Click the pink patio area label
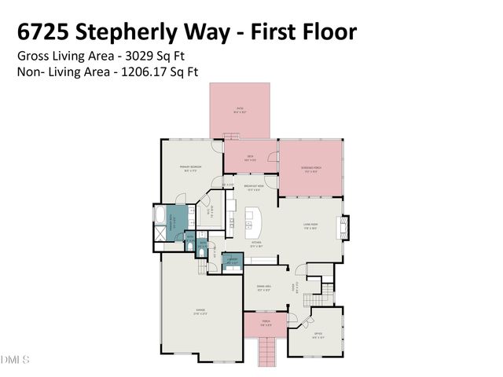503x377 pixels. click(240, 110)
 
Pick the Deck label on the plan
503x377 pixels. click(250, 156)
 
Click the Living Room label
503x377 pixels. click(310, 226)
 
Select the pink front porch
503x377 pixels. click(265, 321)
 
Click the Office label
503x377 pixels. click(318, 335)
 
